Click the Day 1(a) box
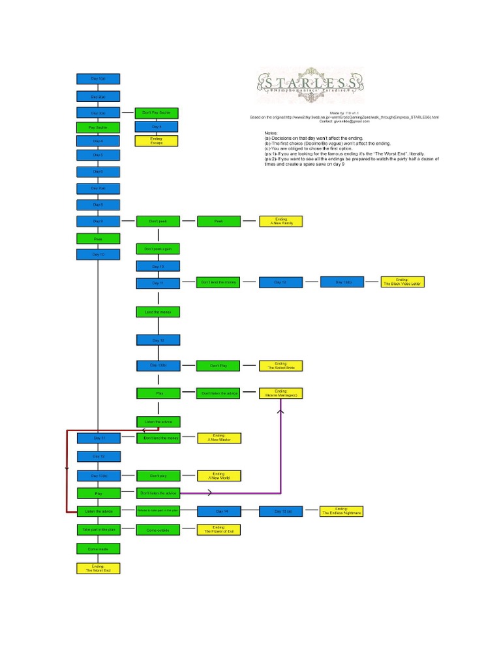pos(98,79)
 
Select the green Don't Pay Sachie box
pos(157,112)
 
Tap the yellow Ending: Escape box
pos(157,140)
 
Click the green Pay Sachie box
pos(98,127)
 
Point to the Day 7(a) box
pos(98,188)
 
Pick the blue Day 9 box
pos(98,221)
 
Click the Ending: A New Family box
pos(281,221)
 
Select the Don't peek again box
pos(158,249)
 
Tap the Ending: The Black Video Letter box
pos(402,282)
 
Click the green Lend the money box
pos(158,312)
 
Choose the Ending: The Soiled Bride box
pos(281,366)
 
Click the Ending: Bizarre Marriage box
pos(281,393)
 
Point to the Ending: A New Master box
pos(219,438)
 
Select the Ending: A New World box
pos(219,476)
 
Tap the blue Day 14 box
pos(219,512)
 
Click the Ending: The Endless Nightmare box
pos(341,512)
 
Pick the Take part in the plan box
pos(98,529)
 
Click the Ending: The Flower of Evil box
pos(219,530)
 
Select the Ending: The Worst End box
pos(98,568)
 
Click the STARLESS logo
pos(309,84)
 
